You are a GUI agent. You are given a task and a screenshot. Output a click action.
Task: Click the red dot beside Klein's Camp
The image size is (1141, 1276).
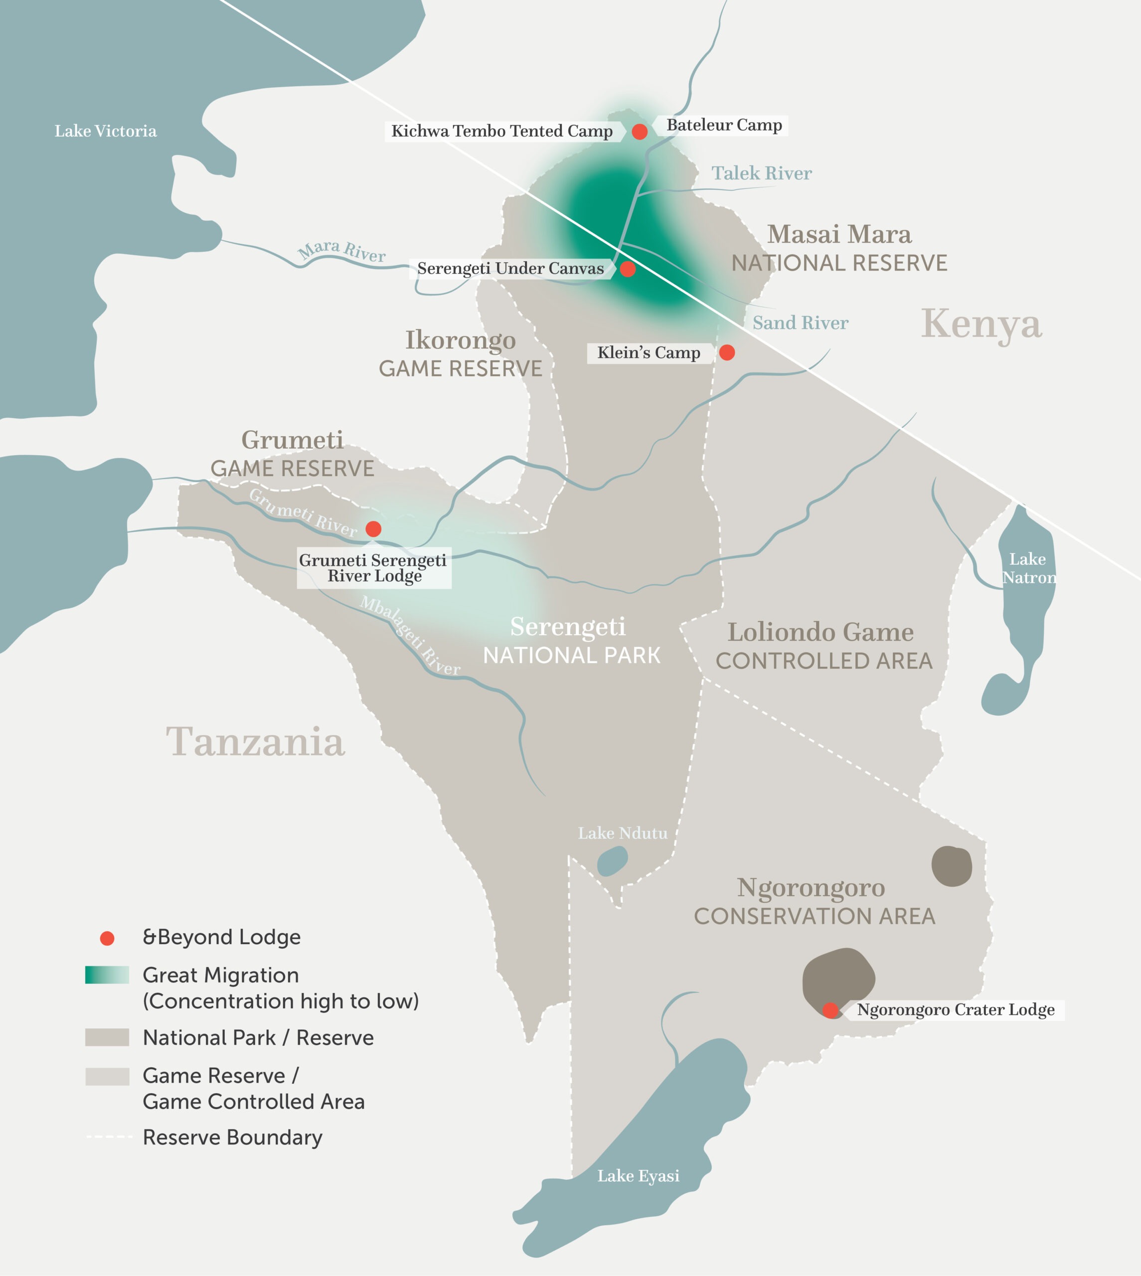[x=727, y=352]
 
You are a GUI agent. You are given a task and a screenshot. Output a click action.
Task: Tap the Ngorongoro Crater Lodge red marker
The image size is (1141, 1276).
[x=830, y=1010]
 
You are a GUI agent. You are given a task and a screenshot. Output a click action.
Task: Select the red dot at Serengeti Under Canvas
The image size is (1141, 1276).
[x=628, y=269]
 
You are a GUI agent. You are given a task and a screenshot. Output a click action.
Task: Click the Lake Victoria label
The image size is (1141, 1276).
[x=105, y=131]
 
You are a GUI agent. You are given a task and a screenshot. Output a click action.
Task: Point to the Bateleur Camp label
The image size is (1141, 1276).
[x=724, y=125]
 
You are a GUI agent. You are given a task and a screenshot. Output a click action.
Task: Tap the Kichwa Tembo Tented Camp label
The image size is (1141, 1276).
[x=501, y=131]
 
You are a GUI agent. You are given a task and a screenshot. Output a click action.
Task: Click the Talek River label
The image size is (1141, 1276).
[x=761, y=173]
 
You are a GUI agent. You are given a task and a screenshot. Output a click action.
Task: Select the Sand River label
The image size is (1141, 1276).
[x=800, y=323]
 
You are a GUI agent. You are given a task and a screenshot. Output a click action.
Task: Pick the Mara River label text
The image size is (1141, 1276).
[x=341, y=251]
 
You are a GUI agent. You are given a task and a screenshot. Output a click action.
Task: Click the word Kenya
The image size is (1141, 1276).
[x=981, y=324]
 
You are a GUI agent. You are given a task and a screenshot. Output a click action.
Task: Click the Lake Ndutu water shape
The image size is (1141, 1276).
[x=612, y=861]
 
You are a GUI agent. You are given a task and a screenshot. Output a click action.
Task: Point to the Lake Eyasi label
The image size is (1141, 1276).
[x=638, y=1176]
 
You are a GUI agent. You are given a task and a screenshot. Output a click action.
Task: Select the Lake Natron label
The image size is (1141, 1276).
[x=1028, y=568]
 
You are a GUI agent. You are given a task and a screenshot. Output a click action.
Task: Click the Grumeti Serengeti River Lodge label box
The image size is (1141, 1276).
[x=374, y=568]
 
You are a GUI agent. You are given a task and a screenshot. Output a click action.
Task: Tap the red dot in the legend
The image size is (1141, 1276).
[x=107, y=938]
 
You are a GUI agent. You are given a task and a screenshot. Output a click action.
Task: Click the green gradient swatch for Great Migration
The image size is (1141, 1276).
[x=107, y=975]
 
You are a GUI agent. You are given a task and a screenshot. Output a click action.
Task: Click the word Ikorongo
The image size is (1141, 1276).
[x=460, y=340]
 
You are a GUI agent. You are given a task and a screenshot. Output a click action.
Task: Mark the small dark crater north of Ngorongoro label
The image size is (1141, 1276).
[x=951, y=866]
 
